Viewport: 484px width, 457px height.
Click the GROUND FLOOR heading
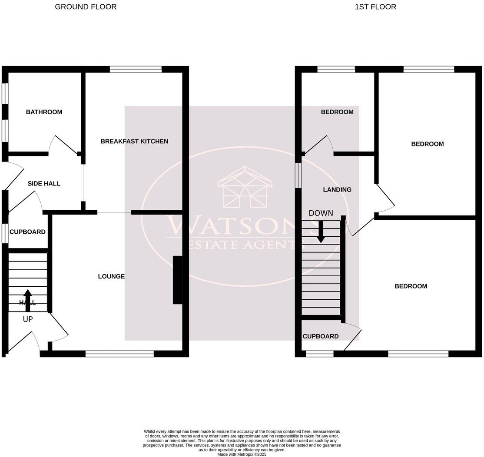(x=86, y=7)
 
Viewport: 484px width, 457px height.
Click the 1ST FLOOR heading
(x=375, y=7)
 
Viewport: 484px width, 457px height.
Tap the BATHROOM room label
(x=44, y=112)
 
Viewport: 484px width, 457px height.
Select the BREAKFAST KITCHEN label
(x=134, y=141)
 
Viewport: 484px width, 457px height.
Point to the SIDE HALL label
(x=44, y=184)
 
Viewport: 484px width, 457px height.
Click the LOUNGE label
(x=111, y=276)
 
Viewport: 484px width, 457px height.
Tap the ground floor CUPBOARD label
(x=27, y=232)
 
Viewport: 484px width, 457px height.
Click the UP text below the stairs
(x=28, y=319)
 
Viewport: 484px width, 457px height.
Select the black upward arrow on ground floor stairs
(x=28, y=300)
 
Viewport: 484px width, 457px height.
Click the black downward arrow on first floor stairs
(x=321, y=232)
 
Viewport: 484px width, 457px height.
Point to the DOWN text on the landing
(x=321, y=213)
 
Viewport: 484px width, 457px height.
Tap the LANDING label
(x=337, y=190)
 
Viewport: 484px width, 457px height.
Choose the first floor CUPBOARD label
(x=321, y=336)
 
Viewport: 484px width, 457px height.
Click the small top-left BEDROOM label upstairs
(x=337, y=112)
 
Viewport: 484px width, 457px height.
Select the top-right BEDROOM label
(x=428, y=144)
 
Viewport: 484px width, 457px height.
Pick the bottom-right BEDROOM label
(x=411, y=286)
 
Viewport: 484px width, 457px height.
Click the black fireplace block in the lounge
(x=177, y=280)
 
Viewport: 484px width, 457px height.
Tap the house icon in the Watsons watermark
(x=245, y=187)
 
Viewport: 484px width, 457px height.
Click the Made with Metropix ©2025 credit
(x=242, y=454)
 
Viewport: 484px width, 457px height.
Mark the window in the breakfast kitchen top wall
(x=136, y=69)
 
